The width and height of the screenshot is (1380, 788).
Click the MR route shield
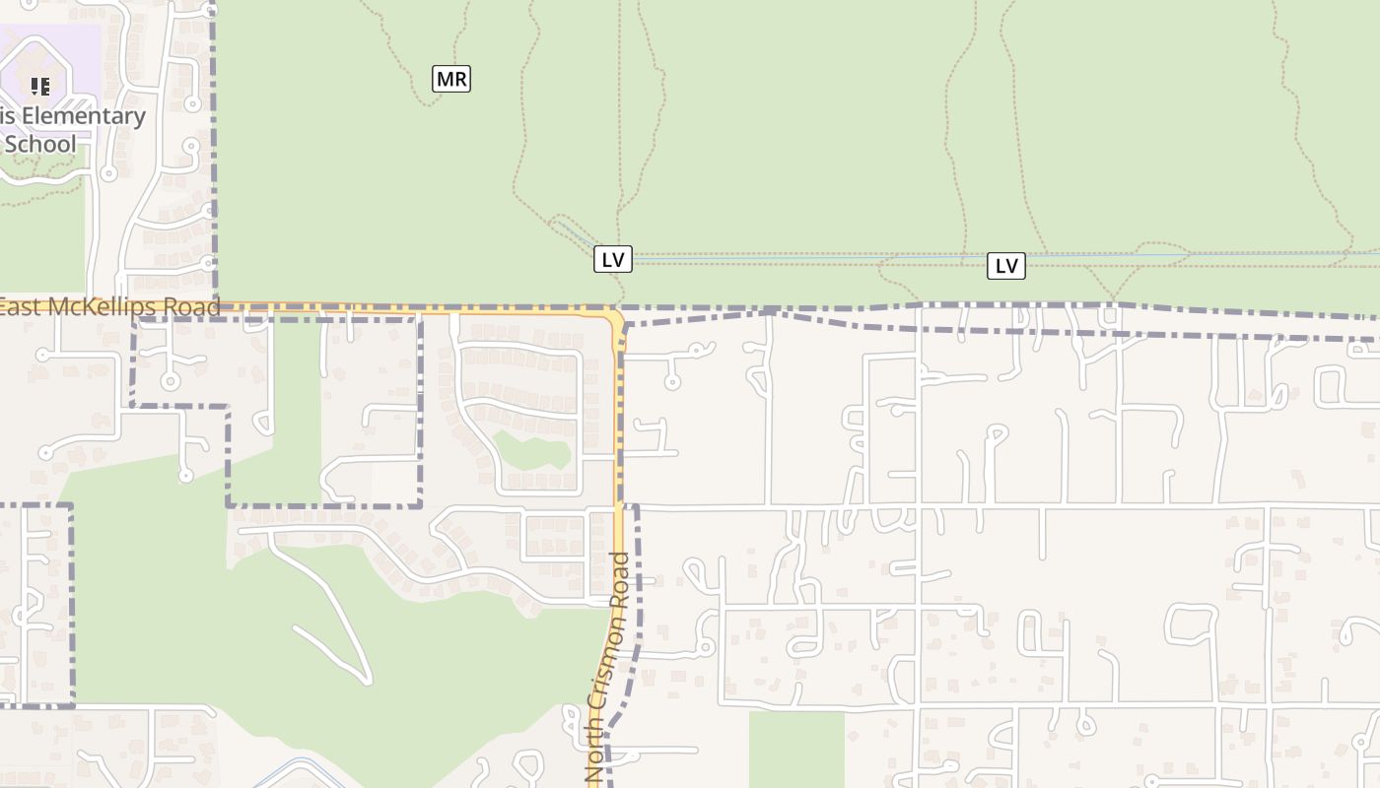click(x=451, y=79)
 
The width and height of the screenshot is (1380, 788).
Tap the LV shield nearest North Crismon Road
click(x=613, y=259)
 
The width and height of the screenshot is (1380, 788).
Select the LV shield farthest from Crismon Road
click(x=1006, y=265)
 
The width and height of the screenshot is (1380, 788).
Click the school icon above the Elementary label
click(x=39, y=87)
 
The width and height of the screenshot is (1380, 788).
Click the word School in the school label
click(x=39, y=145)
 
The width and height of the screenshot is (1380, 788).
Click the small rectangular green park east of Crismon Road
click(x=796, y=749)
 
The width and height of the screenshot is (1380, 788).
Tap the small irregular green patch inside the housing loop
click(x=532, y=452)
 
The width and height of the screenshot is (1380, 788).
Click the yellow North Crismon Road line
click(x=619, y=443)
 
